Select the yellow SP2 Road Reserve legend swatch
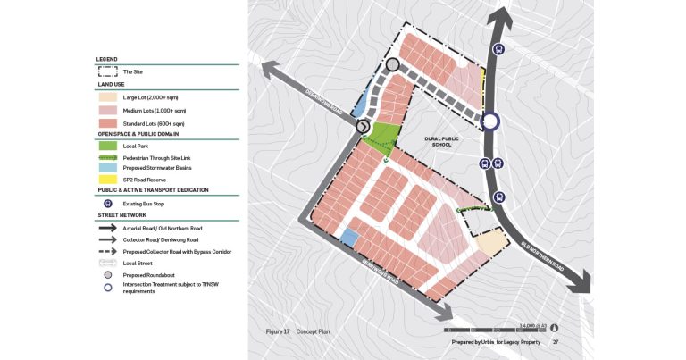point(108,179)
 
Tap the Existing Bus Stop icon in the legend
point(108,203)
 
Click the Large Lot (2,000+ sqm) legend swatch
point(108,96)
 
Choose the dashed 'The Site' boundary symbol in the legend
point(108,71)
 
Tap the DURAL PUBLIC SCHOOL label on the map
point(440,141)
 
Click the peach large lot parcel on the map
point(489,240)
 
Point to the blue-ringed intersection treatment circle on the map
point(490,122)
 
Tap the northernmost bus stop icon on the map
point(498,51)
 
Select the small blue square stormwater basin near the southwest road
point(350,237)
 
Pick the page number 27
point(556,342)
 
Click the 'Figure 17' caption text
point(278,331)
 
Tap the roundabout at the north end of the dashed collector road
point(393,64)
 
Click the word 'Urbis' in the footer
point(488,342)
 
